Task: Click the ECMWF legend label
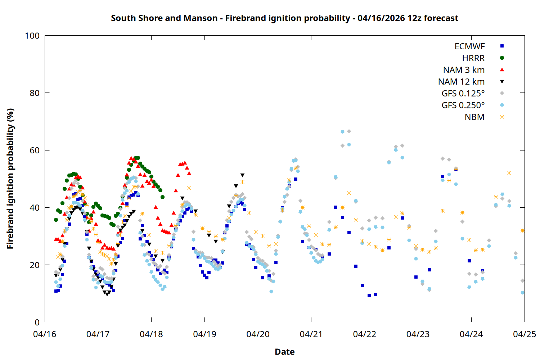[x=469, y=46]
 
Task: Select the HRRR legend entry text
[x=473, y=58]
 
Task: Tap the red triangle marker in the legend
[x=502, y=70]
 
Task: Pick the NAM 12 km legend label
[x=461, y=82]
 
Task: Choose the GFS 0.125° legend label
[x=463, y=94]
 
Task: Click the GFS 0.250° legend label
[x=463, y=105]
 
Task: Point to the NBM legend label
[x=474, y=117]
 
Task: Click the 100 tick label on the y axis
[x=32, y=36]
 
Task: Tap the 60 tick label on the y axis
[x=35, y=150]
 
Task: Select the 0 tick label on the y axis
[x=37, y=322]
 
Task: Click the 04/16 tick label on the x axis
[x=45, y=334]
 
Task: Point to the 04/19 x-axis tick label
[x=204, y=334]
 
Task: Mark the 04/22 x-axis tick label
[x=365, y=334]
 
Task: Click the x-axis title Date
[x=284, y=352]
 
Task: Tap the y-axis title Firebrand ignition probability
[x=10, y=179]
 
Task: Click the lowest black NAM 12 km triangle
[x=107, y=294]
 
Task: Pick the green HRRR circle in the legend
[x=502, y=58]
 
